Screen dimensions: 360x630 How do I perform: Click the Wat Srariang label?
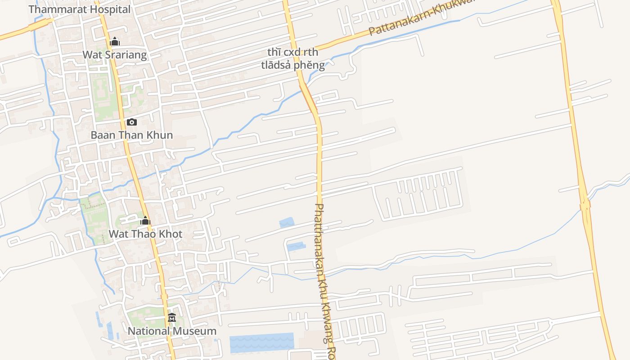click(115, 55)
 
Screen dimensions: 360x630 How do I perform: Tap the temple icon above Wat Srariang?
click(115, 42)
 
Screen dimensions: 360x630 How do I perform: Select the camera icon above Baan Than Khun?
click(131, 122)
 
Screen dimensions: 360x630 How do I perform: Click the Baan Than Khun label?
click(132, 135)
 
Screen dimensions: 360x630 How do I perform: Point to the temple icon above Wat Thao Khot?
click(145, 221)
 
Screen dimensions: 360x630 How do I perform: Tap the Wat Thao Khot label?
click(145, 234)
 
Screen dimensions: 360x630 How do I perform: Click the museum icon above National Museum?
click(172, 318)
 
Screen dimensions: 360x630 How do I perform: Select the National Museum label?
click(172, 331)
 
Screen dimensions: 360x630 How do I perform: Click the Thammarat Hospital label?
click(80, 9)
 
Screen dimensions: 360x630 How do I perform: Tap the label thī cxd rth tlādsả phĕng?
click(293, 59)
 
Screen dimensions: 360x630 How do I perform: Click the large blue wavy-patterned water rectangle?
click(261, 342)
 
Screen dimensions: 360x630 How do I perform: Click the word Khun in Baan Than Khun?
click(162, 135)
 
